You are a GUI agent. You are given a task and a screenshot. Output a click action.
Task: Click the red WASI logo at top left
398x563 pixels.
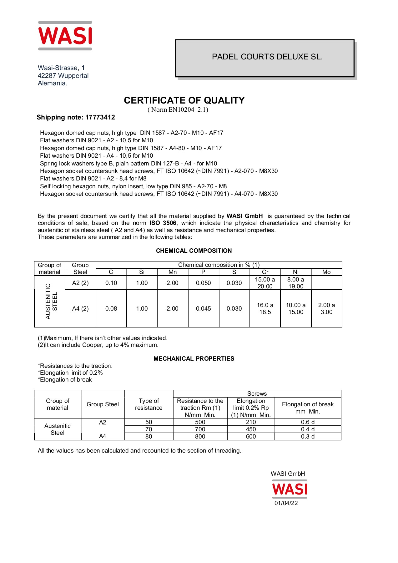click(65, 36)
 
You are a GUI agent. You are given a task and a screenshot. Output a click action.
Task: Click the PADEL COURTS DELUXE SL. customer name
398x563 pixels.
click(267, 57)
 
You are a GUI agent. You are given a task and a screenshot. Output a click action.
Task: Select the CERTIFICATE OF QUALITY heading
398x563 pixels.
click(184, 100)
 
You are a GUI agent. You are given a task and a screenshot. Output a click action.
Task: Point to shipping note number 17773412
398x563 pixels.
click(100, 117)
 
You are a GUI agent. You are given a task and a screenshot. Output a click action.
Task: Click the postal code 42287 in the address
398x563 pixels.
click(47, 76)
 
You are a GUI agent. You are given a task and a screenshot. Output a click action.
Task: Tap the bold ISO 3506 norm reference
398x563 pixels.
click(163, 223)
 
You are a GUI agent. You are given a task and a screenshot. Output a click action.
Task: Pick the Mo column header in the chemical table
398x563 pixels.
click(326, 272)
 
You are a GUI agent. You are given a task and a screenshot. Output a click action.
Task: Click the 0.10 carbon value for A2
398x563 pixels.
click(111, 283)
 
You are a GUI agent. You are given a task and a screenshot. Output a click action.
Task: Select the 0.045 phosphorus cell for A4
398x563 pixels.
click(203, 309)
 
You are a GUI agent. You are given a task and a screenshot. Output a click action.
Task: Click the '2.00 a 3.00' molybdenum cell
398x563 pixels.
click(326, 309)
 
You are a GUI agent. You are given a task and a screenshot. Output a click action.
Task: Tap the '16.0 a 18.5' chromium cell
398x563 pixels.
click(265, 309)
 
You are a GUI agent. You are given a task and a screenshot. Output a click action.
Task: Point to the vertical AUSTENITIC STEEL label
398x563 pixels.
click(51, 301)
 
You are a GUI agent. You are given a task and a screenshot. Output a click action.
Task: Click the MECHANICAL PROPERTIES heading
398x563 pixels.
click(194, 359)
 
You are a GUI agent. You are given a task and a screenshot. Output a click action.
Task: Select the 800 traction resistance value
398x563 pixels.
click(200, 437)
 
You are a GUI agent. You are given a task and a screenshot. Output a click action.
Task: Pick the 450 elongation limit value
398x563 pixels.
click(251, 429)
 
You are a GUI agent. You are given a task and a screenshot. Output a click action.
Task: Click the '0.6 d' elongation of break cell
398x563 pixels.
click(308, 422)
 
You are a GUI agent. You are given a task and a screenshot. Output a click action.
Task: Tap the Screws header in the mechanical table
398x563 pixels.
click(257, 394)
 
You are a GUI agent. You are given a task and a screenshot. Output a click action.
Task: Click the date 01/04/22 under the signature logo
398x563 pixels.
click(286, 503)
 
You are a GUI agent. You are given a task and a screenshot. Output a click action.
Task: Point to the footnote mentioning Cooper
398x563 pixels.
click(98, 345)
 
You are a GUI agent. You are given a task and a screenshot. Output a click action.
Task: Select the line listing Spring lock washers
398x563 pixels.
click(128, 164)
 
